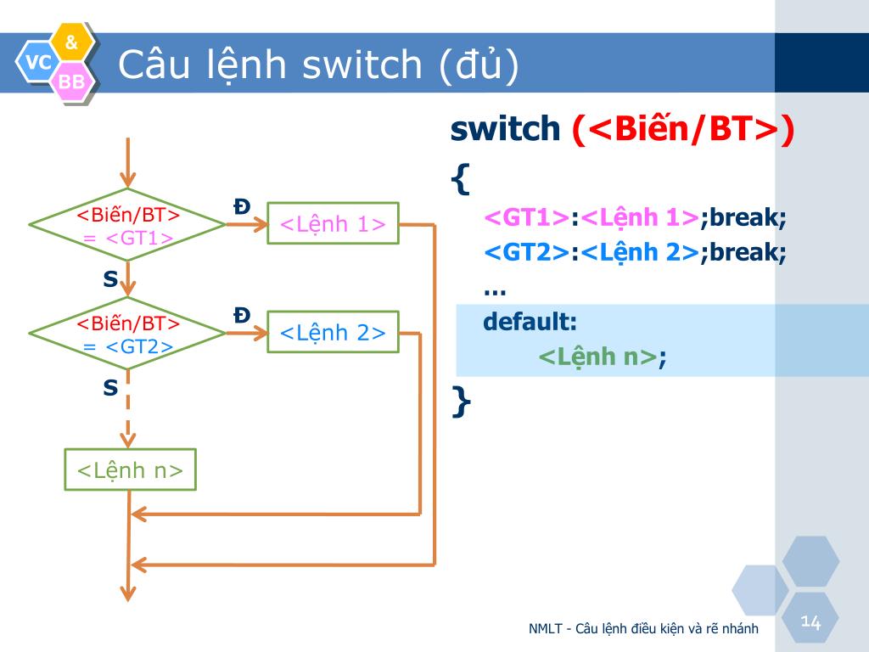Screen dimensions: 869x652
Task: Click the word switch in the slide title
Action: pos(362,65)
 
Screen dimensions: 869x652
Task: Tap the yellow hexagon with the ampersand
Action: pos(71,42)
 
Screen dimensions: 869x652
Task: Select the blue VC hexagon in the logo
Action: pos(37,61)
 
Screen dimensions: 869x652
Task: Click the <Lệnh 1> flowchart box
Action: pos(333,223)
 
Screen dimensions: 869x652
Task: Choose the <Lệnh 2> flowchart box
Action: pos(333,332)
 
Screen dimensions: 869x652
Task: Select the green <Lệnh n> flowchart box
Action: pos(130,469)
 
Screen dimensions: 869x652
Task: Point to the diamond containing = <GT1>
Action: pos(127,224)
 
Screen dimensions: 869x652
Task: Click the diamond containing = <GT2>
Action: pos(127,333)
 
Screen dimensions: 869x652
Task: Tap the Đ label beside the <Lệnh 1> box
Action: pos(242,207)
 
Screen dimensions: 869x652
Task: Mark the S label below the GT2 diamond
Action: pos(110,387)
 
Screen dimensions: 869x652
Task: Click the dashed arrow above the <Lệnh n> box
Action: pos(128,409)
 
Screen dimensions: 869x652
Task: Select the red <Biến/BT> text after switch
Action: pos(683,129)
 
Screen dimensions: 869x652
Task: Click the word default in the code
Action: pos(530,322)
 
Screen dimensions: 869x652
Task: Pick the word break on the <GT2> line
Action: pos(745,252)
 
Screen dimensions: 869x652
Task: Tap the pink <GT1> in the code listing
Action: pos(526,216)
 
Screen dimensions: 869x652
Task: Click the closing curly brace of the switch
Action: pos(461,402)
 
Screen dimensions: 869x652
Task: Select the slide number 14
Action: pos(810,621)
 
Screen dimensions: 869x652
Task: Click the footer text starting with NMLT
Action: pos(643,629)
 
